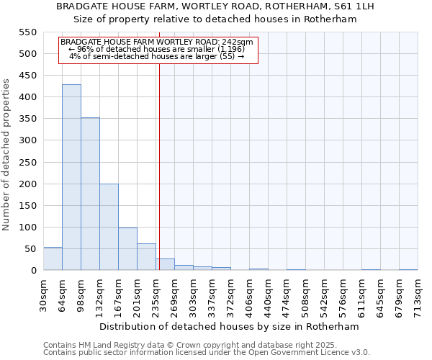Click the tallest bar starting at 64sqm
click(x=71, y=177)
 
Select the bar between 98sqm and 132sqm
click(x=90, y=194)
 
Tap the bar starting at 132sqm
click(x=109, y=227)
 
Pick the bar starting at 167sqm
click(x=127, y=248)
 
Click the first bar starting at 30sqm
click(x=53, y=258)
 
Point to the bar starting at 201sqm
click(x=146, y=256)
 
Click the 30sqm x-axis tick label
click(x=43, y=294)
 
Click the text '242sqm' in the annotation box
click(x=238, y=42)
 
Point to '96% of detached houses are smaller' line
click(x=157, y=49)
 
